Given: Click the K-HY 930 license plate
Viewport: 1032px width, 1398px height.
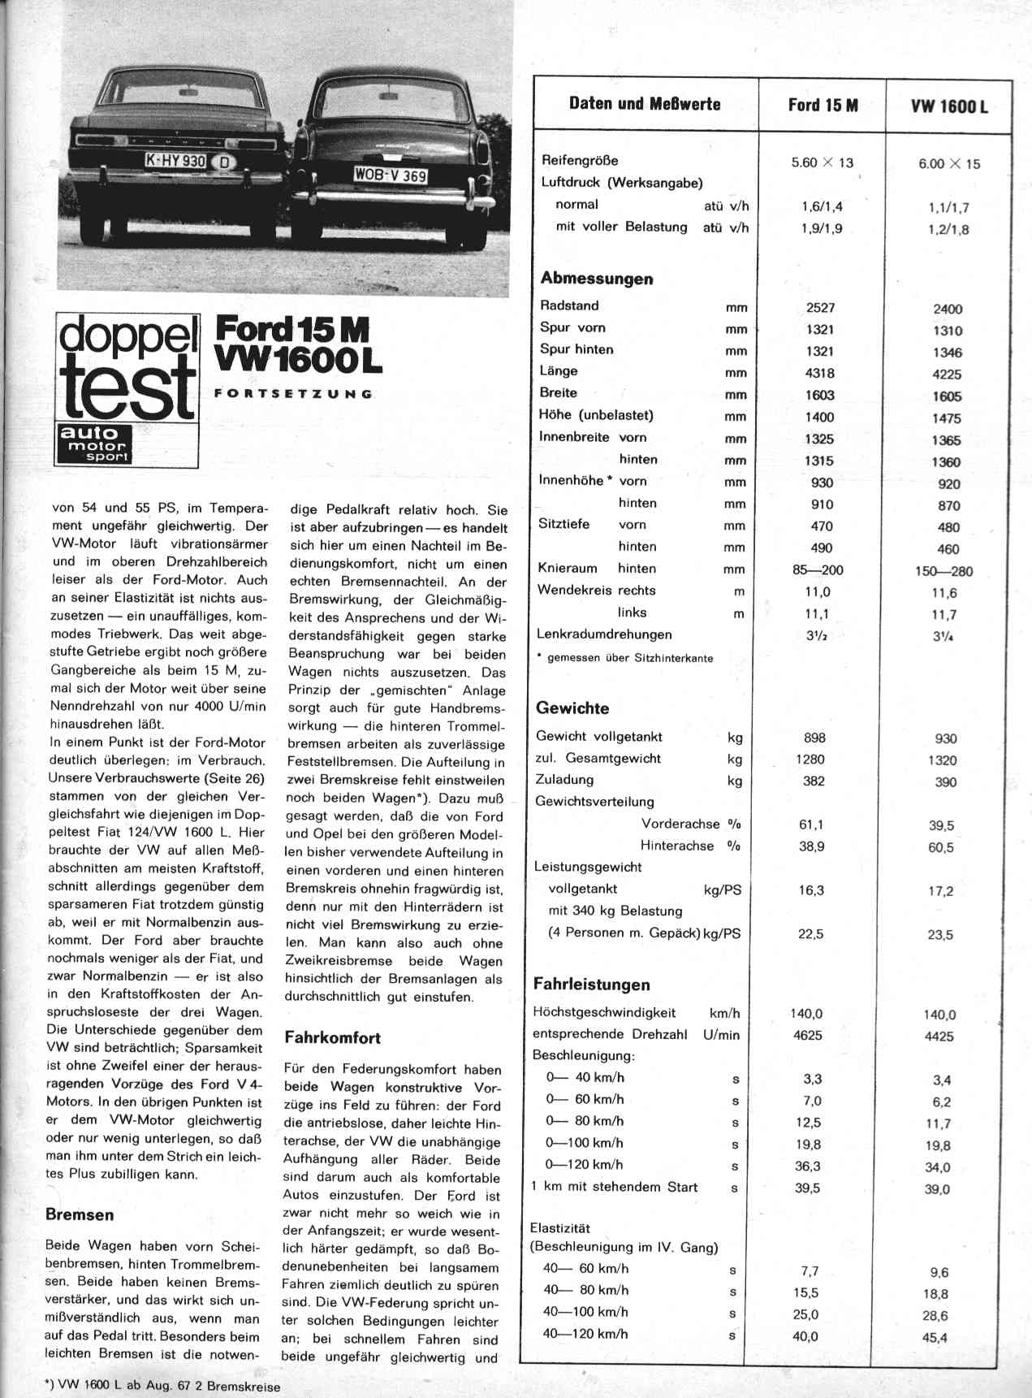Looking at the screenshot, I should coord(175,161).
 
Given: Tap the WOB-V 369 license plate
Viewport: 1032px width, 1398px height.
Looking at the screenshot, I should coord(391,175).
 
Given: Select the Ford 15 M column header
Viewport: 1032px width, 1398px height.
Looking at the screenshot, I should coord(823,105).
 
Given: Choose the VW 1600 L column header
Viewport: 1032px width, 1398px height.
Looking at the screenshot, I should coord(949,106).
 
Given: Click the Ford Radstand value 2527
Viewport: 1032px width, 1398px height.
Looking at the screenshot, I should coord(820,308).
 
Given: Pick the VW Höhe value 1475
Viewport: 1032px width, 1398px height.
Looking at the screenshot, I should coord(947,418).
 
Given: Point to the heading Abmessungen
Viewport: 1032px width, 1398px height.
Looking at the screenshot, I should coord(597,279).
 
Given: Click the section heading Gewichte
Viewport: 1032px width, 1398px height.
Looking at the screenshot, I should coord(572,708).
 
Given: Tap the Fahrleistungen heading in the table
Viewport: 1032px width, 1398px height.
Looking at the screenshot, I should coord(591,985).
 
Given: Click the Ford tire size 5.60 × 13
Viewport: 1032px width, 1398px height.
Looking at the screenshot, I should coord(822,162).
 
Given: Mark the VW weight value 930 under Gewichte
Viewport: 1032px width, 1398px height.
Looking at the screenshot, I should coord(946,738).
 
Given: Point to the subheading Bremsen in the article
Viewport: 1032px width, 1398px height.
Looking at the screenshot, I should coord(80,1215).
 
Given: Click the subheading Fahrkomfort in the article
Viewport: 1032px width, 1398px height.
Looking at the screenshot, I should coord(332,1037).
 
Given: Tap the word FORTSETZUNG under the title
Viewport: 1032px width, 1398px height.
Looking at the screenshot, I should coord(292,394).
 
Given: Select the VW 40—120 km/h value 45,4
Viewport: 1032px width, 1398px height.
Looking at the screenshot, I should coord(936,1337).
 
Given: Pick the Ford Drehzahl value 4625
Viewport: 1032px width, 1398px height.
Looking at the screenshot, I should coord(807,1035).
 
